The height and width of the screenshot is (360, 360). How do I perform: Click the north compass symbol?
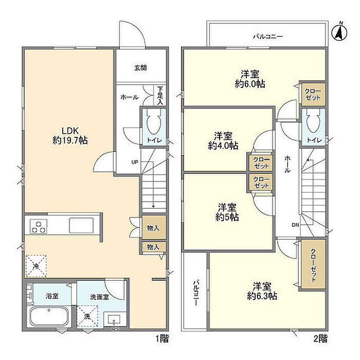(x=339, y=32)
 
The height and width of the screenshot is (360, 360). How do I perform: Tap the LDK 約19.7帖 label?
(x=70, y=135)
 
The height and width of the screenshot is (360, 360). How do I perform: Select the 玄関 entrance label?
(x=140, y=68)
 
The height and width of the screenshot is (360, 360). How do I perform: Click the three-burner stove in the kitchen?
(x=39, y=226)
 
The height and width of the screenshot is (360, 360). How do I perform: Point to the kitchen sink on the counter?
(x=81, y=225)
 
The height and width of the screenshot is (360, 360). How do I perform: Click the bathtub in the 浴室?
(x=49, y=317)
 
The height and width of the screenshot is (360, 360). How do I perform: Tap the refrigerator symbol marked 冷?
(x=36, y=266)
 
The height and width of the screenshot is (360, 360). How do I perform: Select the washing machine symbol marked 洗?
(x=87, y=316)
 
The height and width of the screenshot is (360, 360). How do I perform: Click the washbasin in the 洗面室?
(x=114, y=319)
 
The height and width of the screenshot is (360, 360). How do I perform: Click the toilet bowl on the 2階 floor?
(x=313, y=121)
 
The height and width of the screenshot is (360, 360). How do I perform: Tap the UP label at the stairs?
(x=135, y=162)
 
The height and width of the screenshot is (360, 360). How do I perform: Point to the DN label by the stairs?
(x=296, y=225)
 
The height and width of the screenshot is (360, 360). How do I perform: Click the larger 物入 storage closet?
(x=154, y=227)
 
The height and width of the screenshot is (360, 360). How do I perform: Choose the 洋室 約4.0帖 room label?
(x=223, y=141)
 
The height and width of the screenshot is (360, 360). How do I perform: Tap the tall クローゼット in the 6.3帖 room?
(x=313, y=264)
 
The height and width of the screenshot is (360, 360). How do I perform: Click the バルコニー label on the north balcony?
(x=268, y=37)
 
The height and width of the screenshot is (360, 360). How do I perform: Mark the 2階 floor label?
(x=320, y=338)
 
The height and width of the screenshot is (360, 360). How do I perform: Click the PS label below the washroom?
(x=116, y=329)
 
